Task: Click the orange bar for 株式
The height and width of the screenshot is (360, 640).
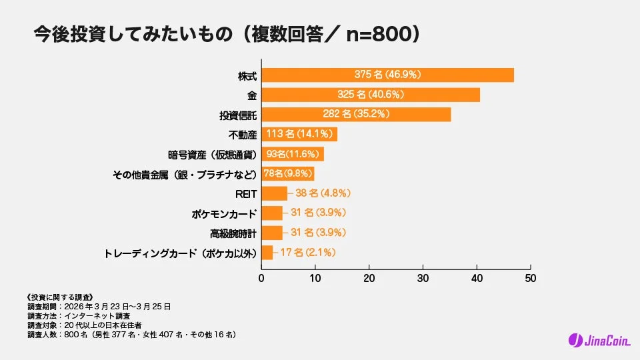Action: pyautogui.click(x=387, y=75)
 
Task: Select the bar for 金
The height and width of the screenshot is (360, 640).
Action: pyautogui.click(x=371, y=95)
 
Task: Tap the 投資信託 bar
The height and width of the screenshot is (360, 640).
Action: pyautogui.click(x=356, y=115)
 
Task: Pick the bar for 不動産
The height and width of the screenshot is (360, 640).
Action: pyautogui.click(x=299, y=134)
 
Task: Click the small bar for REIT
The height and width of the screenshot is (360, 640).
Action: pyautogui.click(x=274, y=193)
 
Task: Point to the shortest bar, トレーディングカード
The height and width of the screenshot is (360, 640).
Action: pyautogui.click(x=267, y=253)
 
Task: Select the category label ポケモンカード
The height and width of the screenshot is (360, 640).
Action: pyautogui.click(x=224, y=214)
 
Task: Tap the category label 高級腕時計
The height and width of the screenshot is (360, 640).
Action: pyautogui.click(x=233, y=233)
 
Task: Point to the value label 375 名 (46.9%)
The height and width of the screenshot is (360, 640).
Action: pyautogui.click(x=387, y=75)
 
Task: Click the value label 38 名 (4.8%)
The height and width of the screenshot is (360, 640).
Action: pyautogui.click(x=323, y=193)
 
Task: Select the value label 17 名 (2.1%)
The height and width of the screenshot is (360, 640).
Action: pyautogui.click(x=307, y=253)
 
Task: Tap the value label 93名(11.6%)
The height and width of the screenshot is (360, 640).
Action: pyautogui.click(x=291, y=155)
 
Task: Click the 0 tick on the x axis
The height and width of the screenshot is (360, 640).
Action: pyautogui.click(x=261, y=277)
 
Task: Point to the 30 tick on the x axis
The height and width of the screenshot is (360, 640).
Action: pyautogui.click(x=423, y=277)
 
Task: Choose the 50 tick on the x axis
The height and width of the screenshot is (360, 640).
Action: pyautogui.click(x=530, y=277)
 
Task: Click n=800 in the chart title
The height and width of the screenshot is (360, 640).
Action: pyautogui.click(x=379, y=34)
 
